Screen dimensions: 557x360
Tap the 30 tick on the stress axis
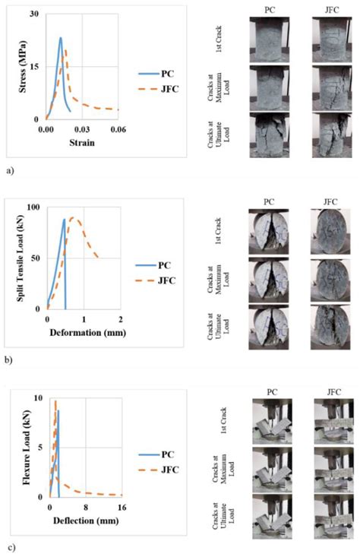(34, 14)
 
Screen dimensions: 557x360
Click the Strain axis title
(81, 142)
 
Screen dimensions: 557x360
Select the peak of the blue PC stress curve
(61, 38)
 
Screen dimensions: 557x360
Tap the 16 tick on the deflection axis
(121, 507)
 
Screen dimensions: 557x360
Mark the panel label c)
(9, 546)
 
